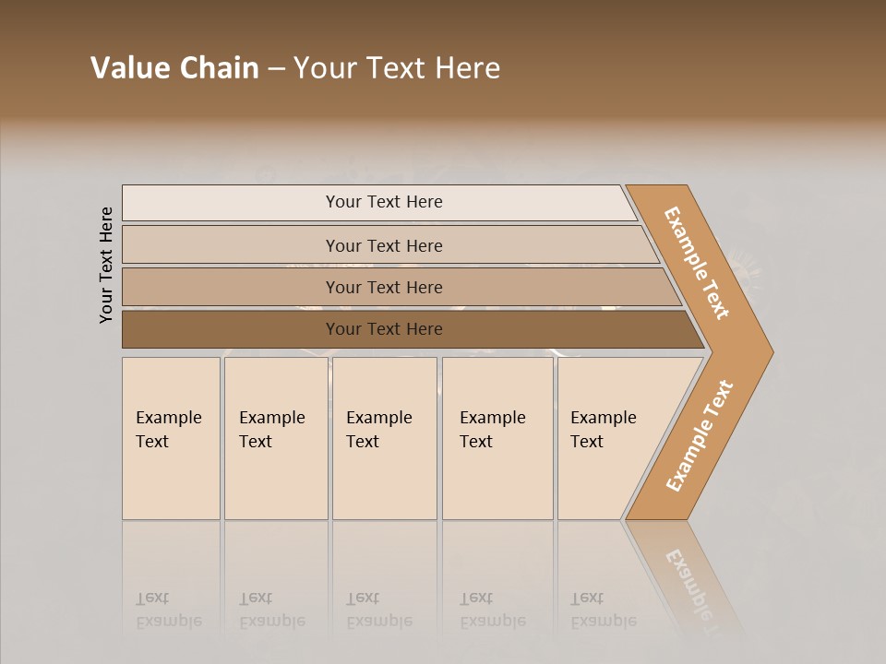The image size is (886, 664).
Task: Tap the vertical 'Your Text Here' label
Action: pyautogui.click(x=106, y=265)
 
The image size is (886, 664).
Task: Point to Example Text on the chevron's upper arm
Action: pyautogui.click(x=697, y=263)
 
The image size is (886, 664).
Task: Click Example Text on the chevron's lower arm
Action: pyautogui.click(x=699, y=436)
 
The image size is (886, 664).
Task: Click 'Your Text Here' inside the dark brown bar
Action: pyautogui.click(x=384, y=329)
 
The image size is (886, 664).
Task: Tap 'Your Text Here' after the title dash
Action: pyautogui.click(x=397, y=68)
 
